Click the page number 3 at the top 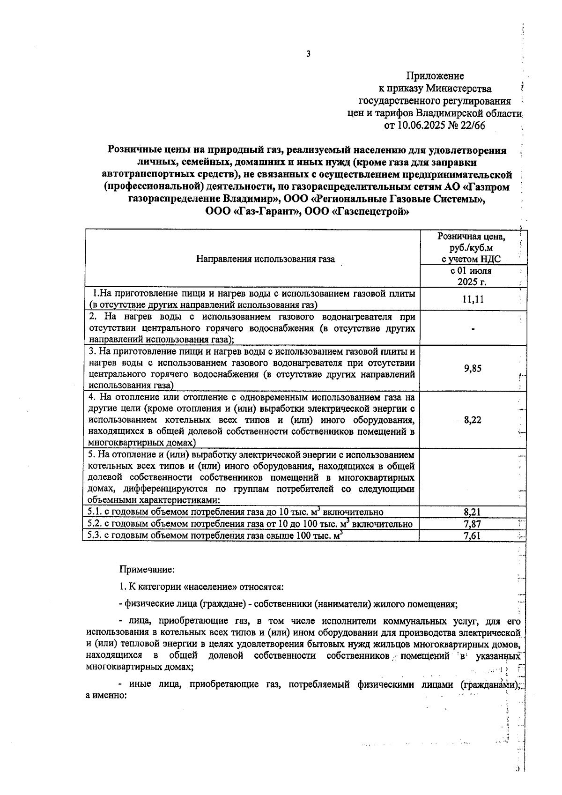tap(308, 54)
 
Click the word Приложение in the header tap(435, 76)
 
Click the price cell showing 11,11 tap(473, 299)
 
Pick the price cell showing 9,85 tap(473, 368)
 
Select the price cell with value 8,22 tap(473, 420)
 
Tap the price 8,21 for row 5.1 tap(473, 512)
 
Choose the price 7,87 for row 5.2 tap(473, 524)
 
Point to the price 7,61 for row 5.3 tap(473, 536)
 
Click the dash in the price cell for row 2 tap(473, 329)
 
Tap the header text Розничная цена tap(472, 237)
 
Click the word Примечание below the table tap(147, 570)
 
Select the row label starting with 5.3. tap(215, 536)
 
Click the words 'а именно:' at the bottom tap(106, 696)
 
